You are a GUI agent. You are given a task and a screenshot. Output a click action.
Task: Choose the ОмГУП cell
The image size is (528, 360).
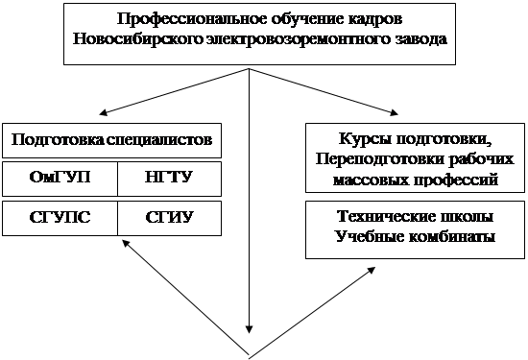coord(60,178)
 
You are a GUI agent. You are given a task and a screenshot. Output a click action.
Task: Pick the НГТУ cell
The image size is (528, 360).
coord(169,178)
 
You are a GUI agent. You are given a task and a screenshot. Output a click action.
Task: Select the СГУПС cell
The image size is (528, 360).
coord(60,217)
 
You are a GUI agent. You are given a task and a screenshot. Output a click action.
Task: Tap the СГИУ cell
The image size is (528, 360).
coord(169,217)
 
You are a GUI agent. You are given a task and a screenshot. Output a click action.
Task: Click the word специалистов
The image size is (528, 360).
coord(159,140)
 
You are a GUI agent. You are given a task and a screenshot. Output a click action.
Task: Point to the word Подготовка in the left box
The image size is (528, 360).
coord(58,140)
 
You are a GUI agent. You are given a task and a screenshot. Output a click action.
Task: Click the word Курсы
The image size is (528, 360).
coord(365,138)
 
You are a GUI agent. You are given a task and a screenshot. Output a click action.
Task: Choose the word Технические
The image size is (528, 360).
coord(385,216)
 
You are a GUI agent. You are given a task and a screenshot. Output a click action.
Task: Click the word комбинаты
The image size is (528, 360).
coord(452,237)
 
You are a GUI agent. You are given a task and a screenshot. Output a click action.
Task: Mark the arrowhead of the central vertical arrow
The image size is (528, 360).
coord(249,329)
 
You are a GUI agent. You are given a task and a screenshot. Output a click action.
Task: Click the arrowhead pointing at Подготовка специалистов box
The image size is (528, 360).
coord(103,112)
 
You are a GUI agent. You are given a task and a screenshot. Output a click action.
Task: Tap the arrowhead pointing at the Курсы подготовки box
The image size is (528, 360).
coord(394,112)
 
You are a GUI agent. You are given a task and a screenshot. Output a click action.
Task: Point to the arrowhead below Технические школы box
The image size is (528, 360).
coord(372,271)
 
